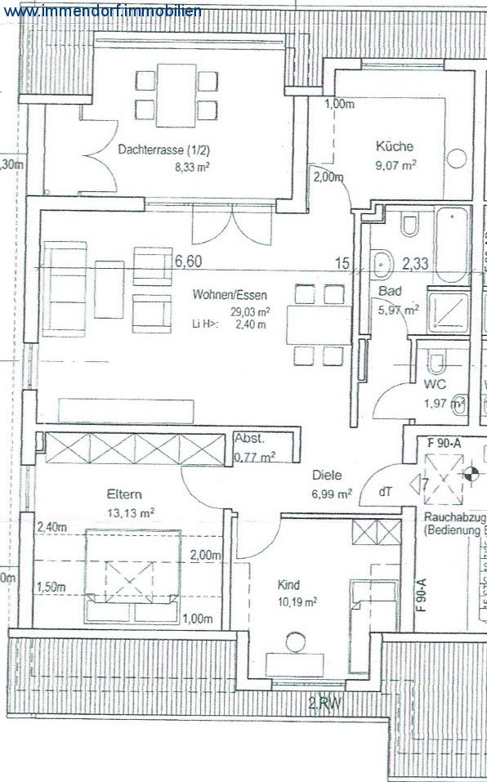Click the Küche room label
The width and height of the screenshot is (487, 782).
click(395, 147)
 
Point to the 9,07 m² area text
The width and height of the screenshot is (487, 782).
click(396, 163)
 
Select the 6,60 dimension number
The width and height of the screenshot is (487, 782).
click(188, 261)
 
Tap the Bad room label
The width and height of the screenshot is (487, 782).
click(387, 292)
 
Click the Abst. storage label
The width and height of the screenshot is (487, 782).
click(249, 438)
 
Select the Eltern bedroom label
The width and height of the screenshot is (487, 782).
click(124, 494)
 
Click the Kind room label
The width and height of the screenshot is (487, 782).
click(288, 585)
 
